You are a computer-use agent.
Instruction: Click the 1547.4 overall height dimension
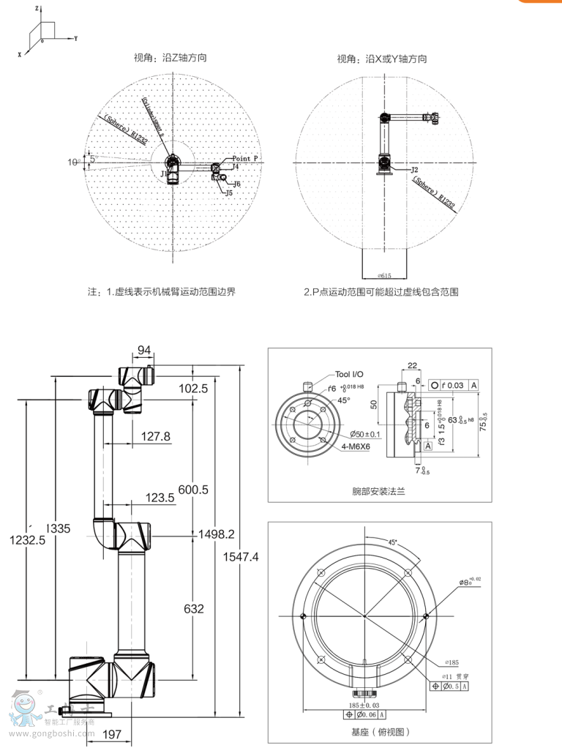point(241,557)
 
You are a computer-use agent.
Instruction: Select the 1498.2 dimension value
point(216,535)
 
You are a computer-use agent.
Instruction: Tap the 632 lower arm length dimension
point(194,608)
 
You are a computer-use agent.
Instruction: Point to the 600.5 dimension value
point(194,490)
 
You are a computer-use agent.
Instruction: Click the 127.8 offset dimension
point(155,436)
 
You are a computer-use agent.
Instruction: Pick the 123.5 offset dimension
point(160,498)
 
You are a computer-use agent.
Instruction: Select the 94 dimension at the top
point(143,349)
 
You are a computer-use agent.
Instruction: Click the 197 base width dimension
point(112,734)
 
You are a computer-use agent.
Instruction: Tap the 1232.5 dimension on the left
point(27,540)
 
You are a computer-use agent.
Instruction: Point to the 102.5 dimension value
point(193,389)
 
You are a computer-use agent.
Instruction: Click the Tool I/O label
point(348,374)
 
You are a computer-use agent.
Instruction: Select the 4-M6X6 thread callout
point(356,446)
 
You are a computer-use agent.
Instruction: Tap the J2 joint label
point(414,169)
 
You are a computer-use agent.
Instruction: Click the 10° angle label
point(75,162)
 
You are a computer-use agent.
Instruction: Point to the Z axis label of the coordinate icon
point(37,7)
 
